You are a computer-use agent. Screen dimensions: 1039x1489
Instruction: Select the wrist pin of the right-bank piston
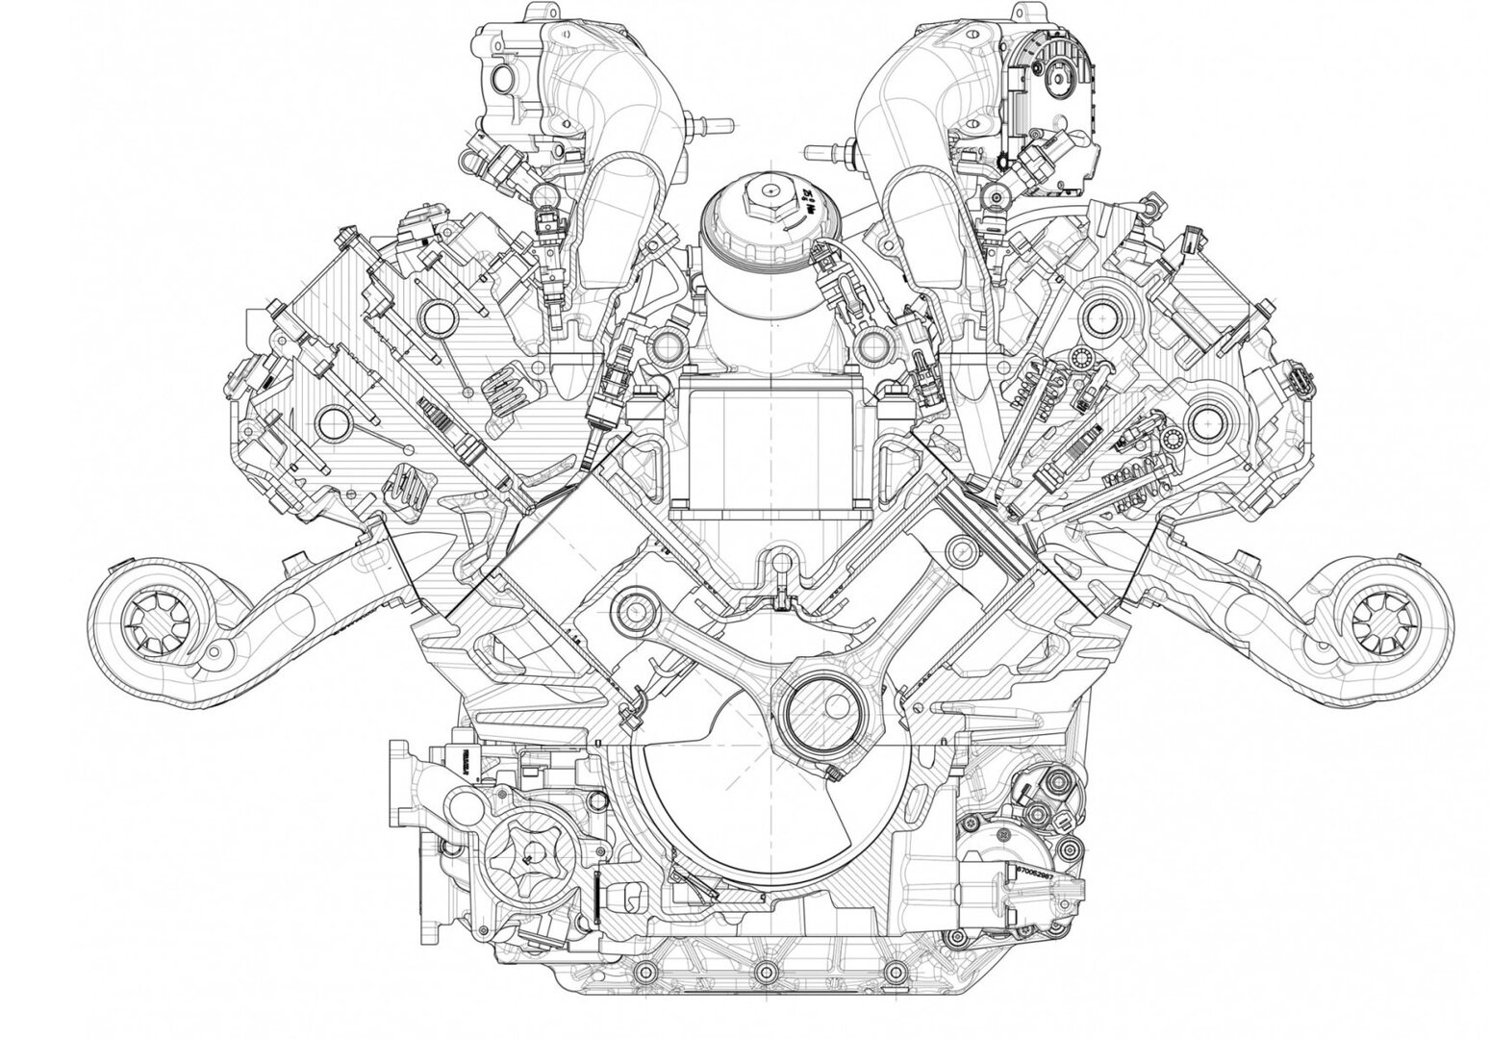957,550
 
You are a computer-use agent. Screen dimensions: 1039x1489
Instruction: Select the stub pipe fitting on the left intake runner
708,124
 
